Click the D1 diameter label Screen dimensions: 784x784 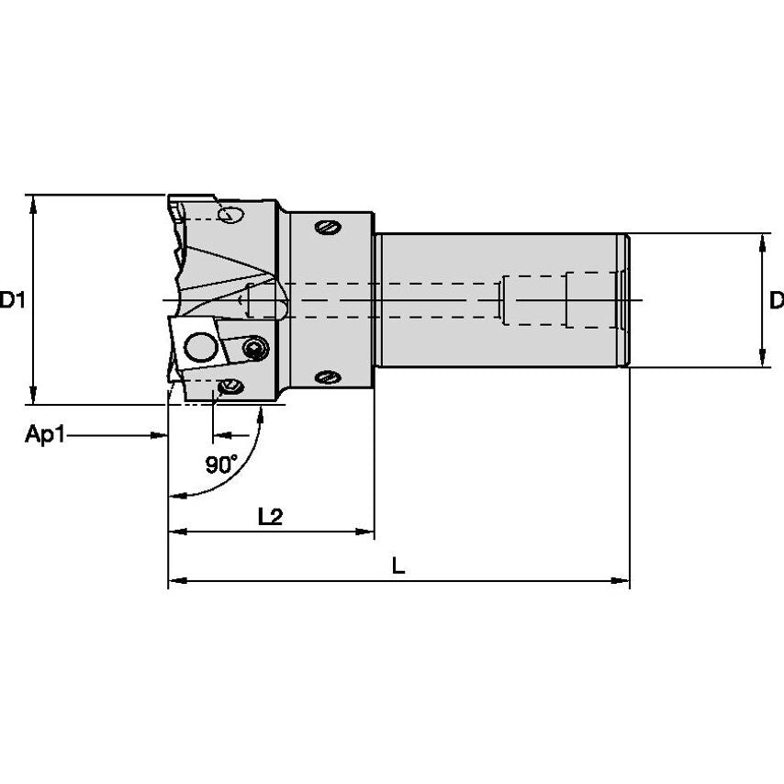tap(12, 299)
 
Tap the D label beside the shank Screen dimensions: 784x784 tap(776, 299)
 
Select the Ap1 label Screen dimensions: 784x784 tap(45, 435)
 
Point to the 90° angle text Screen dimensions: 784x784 tap(220, 465)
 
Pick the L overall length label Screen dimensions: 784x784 tap(398, 566)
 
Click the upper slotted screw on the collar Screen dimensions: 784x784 tap(328, 226)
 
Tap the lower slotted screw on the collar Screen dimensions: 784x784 tap(328, 376)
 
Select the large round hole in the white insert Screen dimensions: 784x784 tap(198, 347)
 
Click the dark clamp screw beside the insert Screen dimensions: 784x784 tap(255, 348)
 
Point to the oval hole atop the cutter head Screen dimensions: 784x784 tap(231, 215)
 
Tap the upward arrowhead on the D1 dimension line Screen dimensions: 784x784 tap(34, 203)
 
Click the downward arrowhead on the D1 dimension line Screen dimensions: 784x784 tap(34, 396)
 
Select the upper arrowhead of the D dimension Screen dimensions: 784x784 tap(761, 242)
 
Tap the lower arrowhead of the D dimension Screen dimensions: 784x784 tap(761, 359)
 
